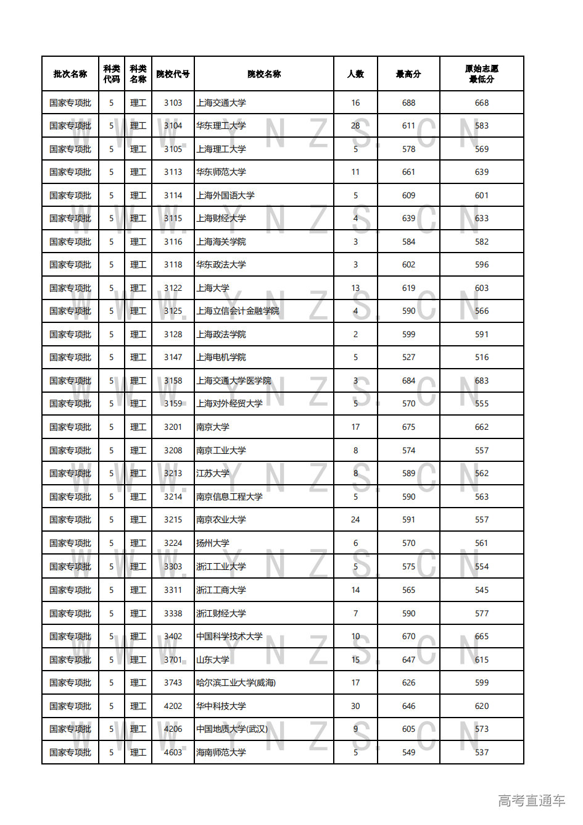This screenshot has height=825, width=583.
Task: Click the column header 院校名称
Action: [264, 74]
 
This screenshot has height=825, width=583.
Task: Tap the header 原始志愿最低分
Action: [481, 74]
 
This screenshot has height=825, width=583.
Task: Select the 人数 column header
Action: [355, 74]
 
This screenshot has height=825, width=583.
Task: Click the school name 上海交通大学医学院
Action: [234, 381]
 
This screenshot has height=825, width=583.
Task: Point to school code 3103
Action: [173, 103]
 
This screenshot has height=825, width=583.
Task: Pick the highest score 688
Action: [408, 103]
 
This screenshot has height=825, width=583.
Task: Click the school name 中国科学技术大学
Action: [229, 637]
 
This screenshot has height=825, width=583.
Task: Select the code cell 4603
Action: [173, 753]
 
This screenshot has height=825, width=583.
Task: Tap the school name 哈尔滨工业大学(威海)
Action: [236, 683]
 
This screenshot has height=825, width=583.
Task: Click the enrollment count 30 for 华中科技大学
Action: [355, 706]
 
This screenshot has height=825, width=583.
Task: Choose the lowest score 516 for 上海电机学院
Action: [482, 358]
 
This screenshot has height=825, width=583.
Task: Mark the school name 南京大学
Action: [213, 427]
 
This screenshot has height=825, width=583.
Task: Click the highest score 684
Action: [408, 381]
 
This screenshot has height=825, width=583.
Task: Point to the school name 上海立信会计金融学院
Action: [238, 311]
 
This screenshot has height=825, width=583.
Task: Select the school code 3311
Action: [173, 590]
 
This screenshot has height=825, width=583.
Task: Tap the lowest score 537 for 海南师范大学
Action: [482, 753]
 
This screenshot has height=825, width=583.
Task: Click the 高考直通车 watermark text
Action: [531, 801]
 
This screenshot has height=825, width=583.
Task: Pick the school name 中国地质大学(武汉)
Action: [232, 729]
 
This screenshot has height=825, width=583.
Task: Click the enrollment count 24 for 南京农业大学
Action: [355, 520]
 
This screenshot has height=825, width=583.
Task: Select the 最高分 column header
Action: [408, 74]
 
